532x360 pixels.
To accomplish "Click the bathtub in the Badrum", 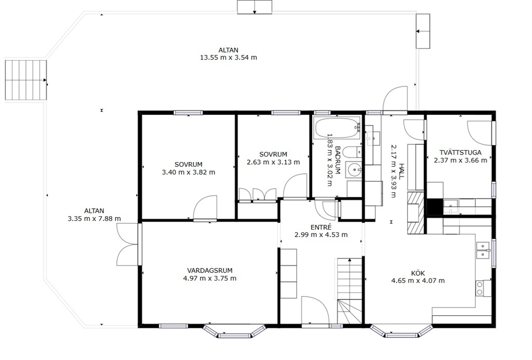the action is click(337, 128).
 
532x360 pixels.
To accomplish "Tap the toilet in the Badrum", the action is click(353, 152).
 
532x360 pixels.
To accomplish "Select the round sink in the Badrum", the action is click(354, 170).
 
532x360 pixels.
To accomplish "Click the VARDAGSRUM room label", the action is click(210, 270).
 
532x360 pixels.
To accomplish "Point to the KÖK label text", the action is click(418, 273).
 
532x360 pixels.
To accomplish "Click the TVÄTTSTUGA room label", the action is click(461, 153).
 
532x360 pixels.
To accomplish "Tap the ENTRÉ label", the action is click(321, 227).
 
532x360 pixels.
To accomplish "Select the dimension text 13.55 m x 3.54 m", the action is click(228, 57).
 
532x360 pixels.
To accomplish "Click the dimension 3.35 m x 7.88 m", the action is click(94, 218).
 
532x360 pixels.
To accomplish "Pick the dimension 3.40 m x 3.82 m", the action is click(189, 172).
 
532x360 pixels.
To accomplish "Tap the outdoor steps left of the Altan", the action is click(26, 80).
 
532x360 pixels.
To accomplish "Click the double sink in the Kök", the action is click(483, 250).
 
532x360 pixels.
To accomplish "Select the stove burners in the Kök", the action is click(480, 288).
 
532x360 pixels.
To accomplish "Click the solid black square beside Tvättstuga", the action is click(434, 207).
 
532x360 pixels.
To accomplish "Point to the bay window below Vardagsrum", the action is click(234, 332).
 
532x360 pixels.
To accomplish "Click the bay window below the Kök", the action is click(401, 331).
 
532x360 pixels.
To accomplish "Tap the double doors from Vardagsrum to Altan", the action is click(128, 244).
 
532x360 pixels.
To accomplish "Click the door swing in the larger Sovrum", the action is click(205, 208).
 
